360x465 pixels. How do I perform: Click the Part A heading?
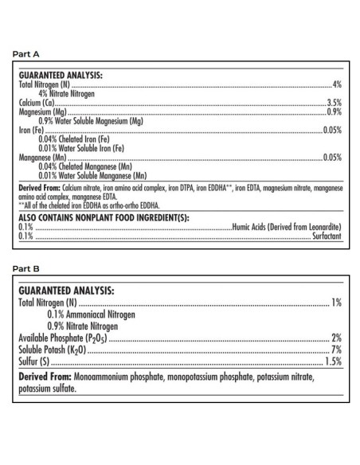coord(25,54)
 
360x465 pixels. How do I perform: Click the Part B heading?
coord(25,268)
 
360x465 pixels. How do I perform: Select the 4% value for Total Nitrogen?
coord(338,84)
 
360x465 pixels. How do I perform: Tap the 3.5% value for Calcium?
coord(335,103)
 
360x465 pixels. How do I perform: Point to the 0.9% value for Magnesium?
coord(335,111)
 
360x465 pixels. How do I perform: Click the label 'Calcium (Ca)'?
coord(35,103)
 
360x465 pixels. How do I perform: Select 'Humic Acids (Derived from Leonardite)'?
coord(287,228)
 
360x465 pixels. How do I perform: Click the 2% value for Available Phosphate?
coord(337,338)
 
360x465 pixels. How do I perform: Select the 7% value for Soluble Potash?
coord(337,350)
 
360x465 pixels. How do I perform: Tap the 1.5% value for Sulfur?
coord(334,361)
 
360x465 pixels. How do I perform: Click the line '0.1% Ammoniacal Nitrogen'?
coord(91,315)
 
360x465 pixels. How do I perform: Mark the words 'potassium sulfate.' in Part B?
coord(47,389)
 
